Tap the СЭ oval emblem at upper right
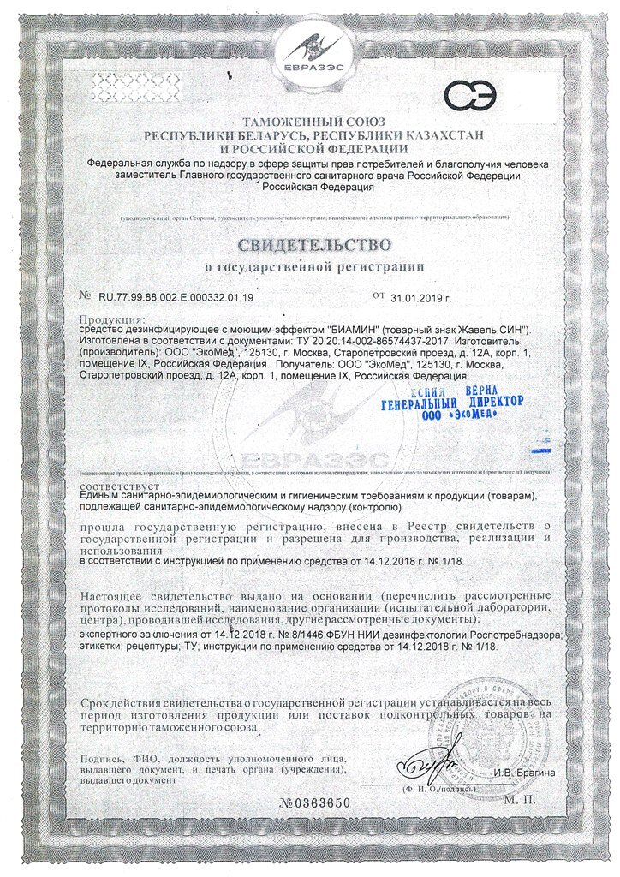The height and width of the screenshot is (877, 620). (x=476, y=98)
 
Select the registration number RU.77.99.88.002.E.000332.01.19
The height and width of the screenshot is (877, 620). (x=170, y=297)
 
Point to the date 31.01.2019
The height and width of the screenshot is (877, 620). (x=420, y=297)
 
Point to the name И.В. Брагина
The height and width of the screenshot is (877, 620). (x=523, y=773)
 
